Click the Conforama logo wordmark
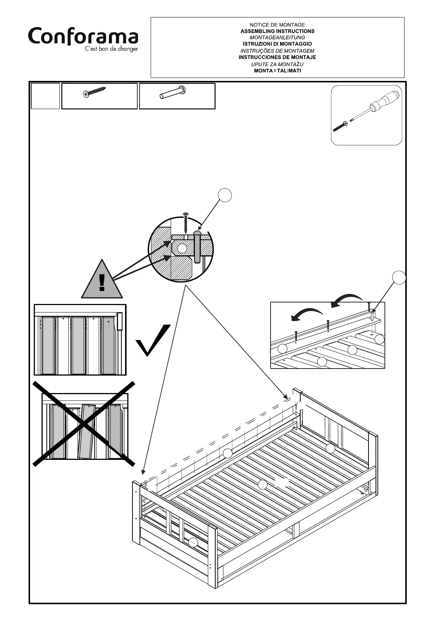click(83, 37)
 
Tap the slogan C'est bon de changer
click(111, 49)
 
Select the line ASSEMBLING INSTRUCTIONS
click(277, 31)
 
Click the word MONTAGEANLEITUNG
click(277, 37)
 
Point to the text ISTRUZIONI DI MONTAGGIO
click(277, 44)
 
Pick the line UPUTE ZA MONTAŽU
click(277, 64)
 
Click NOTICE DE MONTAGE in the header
click(277, 25)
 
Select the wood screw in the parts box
click(95, 92)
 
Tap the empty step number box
click(45, 96)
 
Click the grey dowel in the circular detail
click(197, 246)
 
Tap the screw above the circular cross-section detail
click(186, 222)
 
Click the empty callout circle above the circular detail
click(225, 195)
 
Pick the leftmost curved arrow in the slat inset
click(306, 314)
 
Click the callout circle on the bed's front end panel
click(193, 542)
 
